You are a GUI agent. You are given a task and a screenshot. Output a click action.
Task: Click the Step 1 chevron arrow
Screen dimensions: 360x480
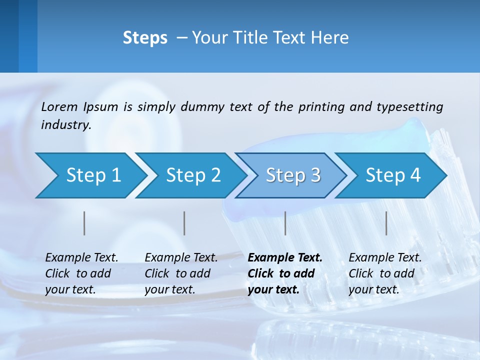pyautogui.click(x=93, y=175)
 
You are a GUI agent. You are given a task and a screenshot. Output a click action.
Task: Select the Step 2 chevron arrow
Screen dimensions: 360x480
pyautogui.click(x=193, y=175)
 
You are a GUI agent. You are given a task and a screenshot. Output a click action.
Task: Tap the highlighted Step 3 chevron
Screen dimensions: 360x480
pyautogui.click(x=293, y=175)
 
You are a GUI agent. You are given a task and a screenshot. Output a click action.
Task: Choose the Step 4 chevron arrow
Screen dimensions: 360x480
pyautogui.click(x=393, y=175)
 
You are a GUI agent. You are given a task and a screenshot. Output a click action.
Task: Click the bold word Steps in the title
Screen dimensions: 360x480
pyautogui.click(x=145, y=38)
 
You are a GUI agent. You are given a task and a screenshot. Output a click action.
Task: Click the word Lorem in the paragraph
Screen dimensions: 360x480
pyautogui.click(x=59, y=106)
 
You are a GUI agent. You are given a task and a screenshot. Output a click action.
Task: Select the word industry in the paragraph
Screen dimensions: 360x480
pyautogui.click(x=66, y=125)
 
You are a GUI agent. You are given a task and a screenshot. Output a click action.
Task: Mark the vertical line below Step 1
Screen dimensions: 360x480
pyautogui.click(x=84, y=223)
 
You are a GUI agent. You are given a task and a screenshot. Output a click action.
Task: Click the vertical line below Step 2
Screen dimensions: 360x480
pyautogui.click(x=184, y=223)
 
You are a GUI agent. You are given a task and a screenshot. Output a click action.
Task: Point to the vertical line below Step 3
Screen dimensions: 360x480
pyautogui.click(x=285, y=223)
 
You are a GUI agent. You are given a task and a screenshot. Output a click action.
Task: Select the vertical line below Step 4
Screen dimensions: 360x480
pyautogui.click(x=386, y=223)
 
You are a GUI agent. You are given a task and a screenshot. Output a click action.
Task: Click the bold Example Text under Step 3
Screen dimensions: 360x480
pyautogui.click(x=285, y=258)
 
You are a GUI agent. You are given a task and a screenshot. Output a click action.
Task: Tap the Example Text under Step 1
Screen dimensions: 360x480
pyautogui.click(x=81, y=258)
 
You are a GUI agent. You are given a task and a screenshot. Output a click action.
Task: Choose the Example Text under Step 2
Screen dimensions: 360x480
pyautogui.click(x=181, y=258)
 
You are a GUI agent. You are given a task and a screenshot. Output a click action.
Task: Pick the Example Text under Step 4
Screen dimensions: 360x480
pyautogui.click(x=385, y=258)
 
